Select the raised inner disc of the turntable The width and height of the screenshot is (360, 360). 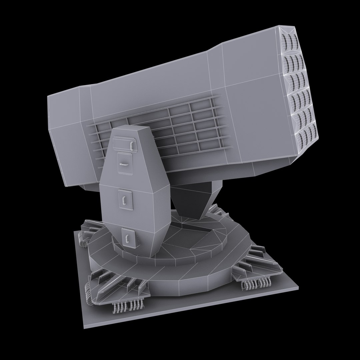[187, 240]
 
